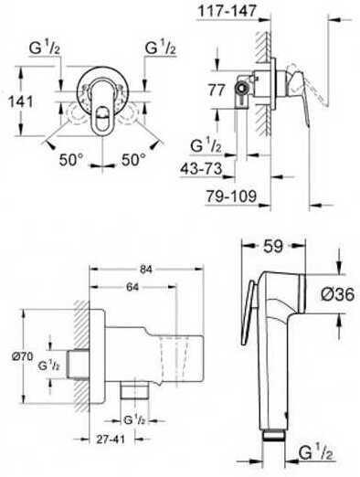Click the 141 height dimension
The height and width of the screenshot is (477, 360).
tap(21, 101)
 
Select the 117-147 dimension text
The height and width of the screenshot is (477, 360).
tap(227, 11)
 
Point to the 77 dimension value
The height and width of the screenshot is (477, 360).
tap(217, 90)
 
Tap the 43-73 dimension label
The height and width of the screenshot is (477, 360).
tap(201, 168)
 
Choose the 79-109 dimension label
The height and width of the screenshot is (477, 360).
tap(231, 196)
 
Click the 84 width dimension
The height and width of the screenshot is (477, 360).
tap(146, 270)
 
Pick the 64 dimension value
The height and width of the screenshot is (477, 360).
tap(132, 287)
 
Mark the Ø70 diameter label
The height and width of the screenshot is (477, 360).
tap(23, 355)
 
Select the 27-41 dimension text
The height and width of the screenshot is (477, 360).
tap(111, 440)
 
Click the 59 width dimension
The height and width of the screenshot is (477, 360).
tap(273, 246)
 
